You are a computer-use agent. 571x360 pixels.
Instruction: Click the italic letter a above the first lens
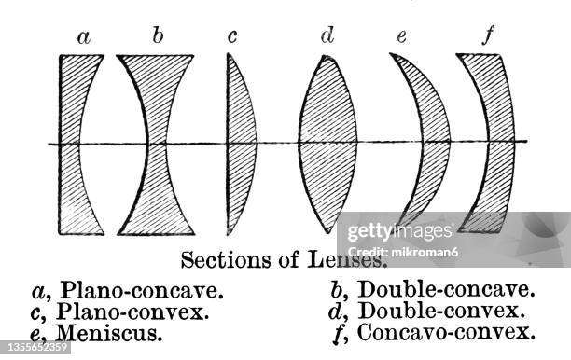point(84,38)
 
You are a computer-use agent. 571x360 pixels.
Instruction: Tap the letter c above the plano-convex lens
point(232,37)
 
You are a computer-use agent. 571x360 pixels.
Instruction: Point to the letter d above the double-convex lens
point(327,36)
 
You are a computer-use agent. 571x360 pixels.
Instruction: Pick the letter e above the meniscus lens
point(401,38)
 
